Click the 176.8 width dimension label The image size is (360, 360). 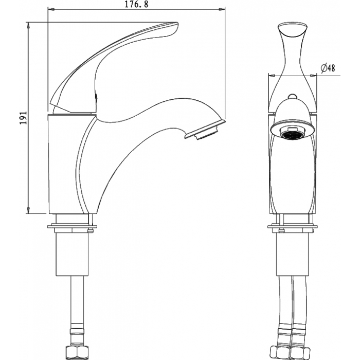click(136, 4)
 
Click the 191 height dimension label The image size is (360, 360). click(23, 118)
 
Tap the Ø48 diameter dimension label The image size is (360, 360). click(328, 68)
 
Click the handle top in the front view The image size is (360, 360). click(292, 30)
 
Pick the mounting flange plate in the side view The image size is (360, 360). click(72, 227)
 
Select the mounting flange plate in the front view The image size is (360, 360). click(293, 227)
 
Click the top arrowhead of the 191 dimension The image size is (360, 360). click(28, 25)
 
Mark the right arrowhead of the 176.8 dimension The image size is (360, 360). click(221, 9)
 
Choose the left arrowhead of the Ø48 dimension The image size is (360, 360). click(272, 75)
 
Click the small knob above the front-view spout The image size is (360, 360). click(292, 96)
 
